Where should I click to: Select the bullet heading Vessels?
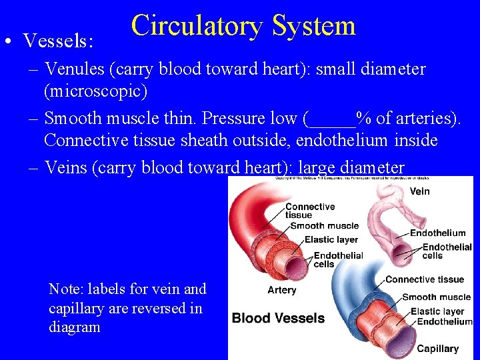click(x=57, y=41)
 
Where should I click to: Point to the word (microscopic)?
click(x=95, y=89)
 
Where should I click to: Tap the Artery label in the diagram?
click(x=282, y=290)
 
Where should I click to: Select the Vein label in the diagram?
click(x=419, y=191)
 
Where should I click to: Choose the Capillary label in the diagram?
click(x=437, y=348)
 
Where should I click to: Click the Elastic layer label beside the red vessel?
click(x=331, y=239)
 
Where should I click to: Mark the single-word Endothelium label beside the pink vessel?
click(x=437, y=233)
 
